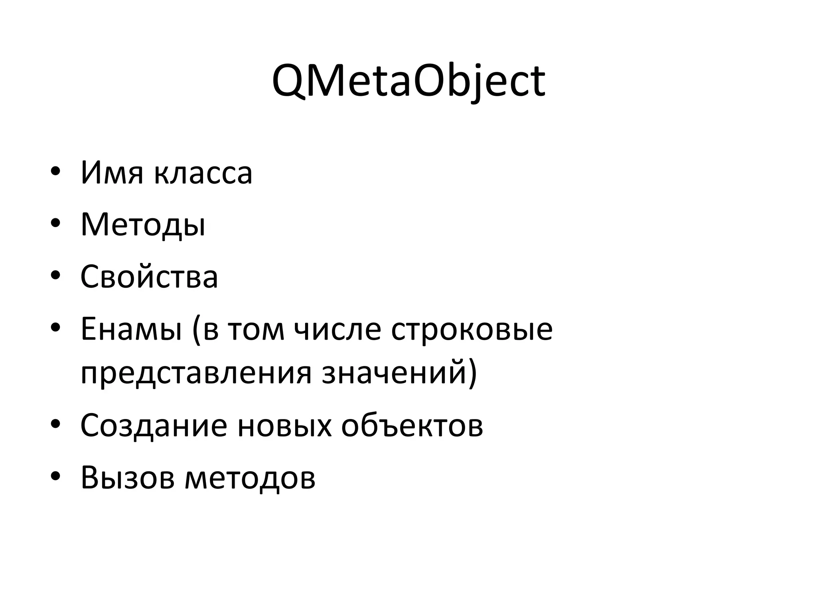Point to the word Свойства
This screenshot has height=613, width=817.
point(149,277)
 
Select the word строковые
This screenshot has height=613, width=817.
point(472,330)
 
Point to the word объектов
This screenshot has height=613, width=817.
point(412,425)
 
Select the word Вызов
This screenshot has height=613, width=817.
point(128,477)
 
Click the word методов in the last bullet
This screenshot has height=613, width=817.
point(250,477)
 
